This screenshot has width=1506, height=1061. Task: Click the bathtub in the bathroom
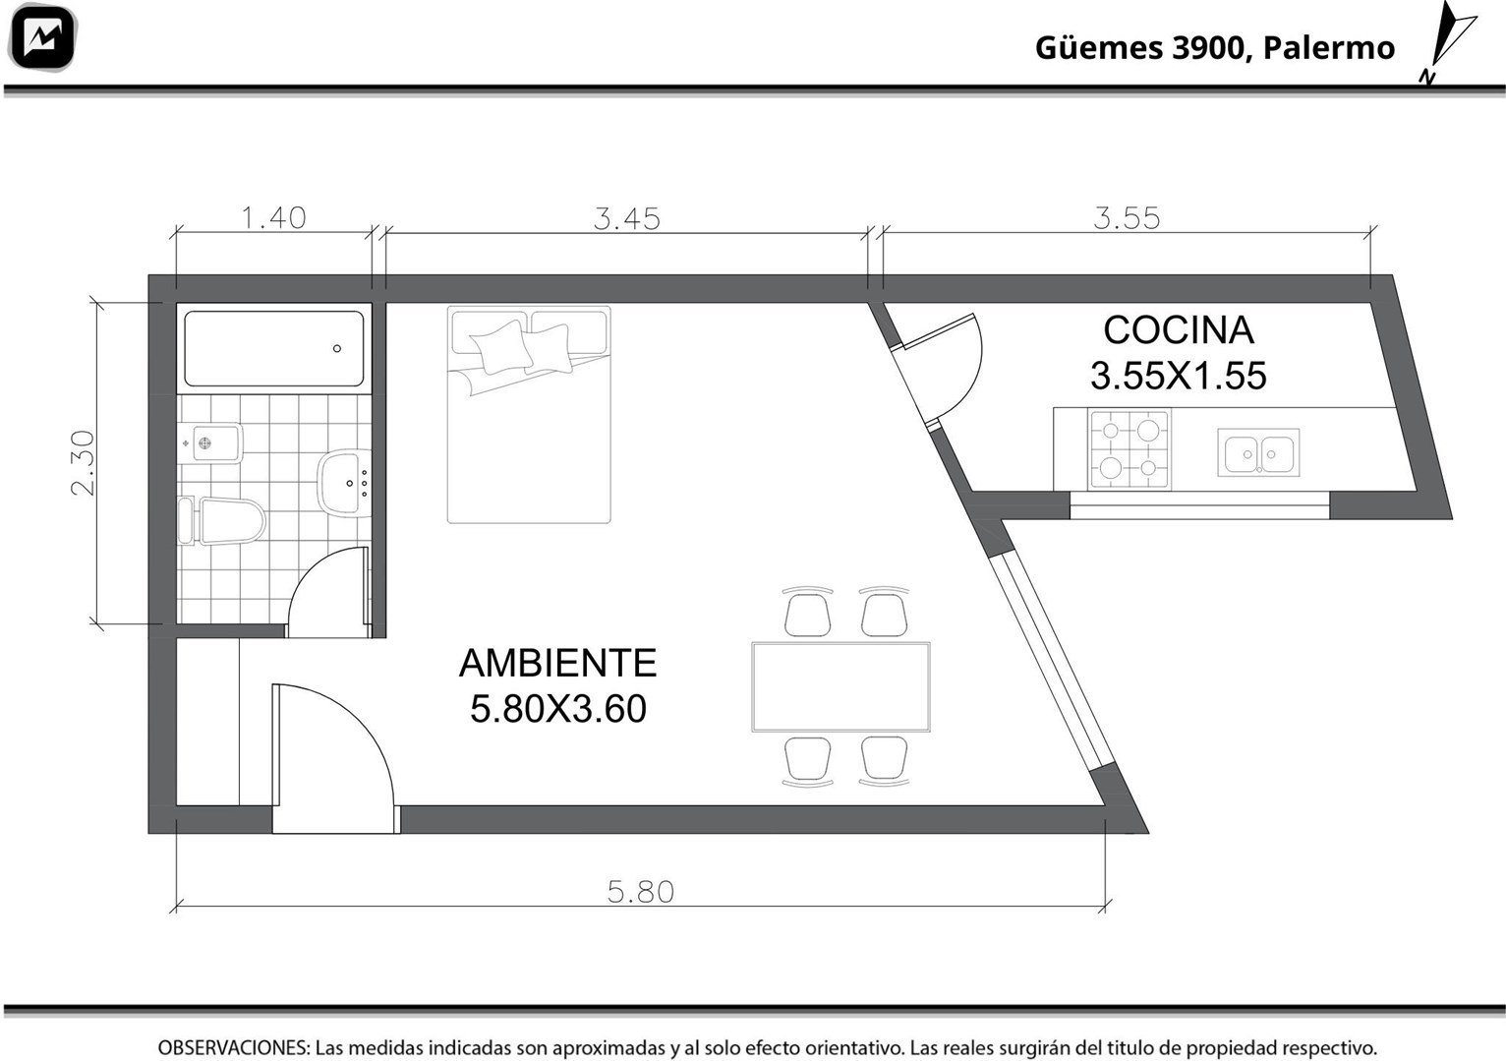(x=273, y=348)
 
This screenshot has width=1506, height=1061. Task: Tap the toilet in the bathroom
(x=222, y=520)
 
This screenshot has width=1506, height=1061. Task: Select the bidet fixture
(x=209, y=443)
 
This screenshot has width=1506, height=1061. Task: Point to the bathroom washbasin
(x=344, y=483)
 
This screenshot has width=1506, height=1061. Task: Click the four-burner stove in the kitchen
(x=1129, y=449)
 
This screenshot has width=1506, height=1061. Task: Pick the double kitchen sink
(x=1258, y=452)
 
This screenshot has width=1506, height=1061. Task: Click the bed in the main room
(x=529, y=414)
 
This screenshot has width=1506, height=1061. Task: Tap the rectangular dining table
(x=840, y=686)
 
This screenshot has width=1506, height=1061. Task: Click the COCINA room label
(x=1179, y=330)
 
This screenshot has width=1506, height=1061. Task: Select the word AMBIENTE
(x=558, y=663)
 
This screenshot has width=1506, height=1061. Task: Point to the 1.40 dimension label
(x=273, y=218)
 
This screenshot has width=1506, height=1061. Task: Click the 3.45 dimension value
(x=626, y=219)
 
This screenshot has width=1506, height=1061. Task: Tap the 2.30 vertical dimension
(x=84, y=462)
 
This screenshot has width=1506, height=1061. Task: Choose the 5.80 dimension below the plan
(x=640, y=892)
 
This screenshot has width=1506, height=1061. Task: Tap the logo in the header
(x=41, y=37)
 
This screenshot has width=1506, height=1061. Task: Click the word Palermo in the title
(x=1328, y=48)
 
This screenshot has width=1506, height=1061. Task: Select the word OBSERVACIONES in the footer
(x=234, y=1047)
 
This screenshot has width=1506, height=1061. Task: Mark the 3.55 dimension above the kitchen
(x=1127, y=218)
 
